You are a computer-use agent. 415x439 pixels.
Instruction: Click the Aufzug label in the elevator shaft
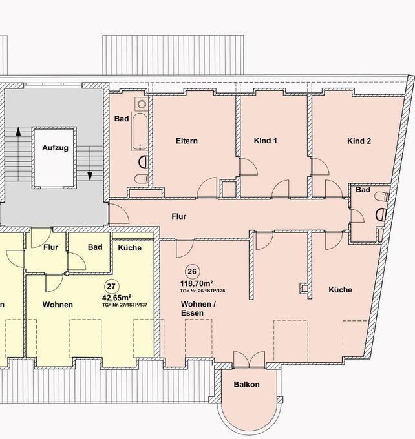55,148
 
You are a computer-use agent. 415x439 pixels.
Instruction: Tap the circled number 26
192,271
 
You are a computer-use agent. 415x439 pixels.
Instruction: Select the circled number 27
112,287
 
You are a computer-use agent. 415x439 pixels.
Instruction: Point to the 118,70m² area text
197,283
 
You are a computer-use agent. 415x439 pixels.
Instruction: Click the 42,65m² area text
118,298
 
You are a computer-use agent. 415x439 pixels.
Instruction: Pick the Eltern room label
187,141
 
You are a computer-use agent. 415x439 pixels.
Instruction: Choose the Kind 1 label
266,141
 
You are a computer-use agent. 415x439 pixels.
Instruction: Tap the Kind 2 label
359,141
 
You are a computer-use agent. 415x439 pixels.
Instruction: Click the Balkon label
247,384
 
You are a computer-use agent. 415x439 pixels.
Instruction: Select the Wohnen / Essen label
198,309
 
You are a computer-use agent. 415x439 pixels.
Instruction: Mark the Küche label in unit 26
341,289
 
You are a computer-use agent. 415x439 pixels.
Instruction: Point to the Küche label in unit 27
129,247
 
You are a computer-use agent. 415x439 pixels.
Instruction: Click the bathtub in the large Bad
140,132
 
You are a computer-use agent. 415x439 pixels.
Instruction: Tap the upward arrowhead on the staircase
18,131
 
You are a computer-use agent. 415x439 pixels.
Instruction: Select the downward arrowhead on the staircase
90,176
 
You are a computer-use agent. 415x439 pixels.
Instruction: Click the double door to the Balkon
249,360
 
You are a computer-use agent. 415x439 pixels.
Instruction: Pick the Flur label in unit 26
179,216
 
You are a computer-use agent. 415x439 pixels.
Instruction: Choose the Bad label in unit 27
95,247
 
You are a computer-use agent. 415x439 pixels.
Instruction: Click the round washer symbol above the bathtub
142,104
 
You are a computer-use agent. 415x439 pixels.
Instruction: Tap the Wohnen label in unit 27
58,305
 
